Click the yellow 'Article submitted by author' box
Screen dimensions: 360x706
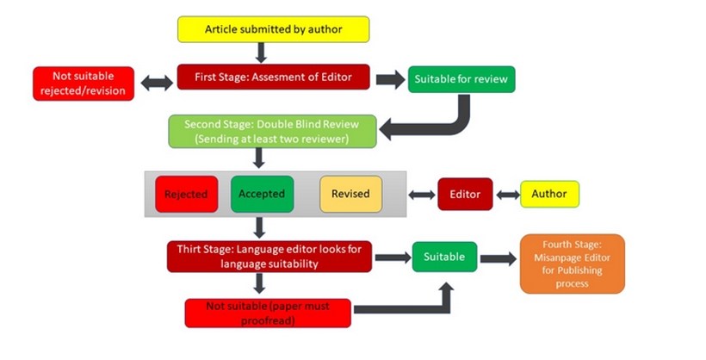[x=273, y=29]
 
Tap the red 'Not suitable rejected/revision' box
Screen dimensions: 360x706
[x=84, y=83]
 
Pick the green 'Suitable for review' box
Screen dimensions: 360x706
[x=461, y=80]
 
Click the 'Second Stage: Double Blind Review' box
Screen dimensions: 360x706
[x=273, y=131]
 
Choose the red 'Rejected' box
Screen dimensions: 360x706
[x=186, y=194]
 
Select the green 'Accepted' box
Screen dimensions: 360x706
[x=263, y=194]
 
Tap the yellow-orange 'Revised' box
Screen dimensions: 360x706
[x=350, y=194]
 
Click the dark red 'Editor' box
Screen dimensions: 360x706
[x=464, y=194]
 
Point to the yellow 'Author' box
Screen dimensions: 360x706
[x=549, y=194]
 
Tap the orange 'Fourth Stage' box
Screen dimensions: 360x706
[x=572, y=263]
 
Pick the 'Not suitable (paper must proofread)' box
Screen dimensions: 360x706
[x=268, y=312]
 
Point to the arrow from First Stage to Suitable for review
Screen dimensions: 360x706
[x=389, y=79]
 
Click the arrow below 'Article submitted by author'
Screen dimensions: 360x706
[x=262, y=53]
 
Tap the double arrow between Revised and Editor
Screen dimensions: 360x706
[x=421, y=195]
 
